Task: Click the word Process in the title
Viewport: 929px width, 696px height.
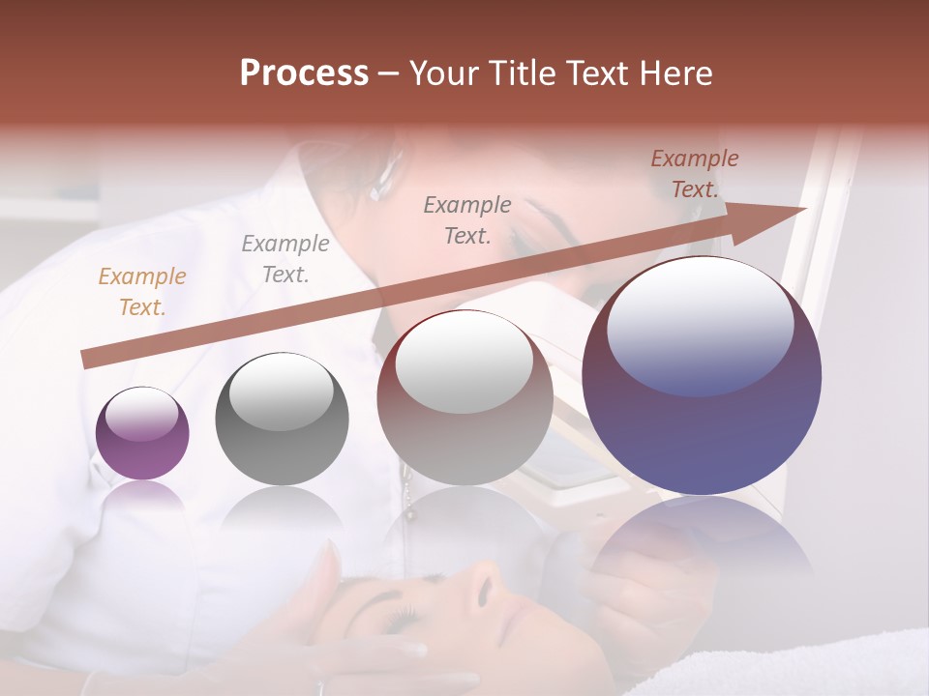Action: click(x=304, y=73)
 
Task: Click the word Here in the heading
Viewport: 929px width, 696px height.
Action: click(x=674, y=73)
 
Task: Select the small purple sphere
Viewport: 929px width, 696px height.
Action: click(x=142, y=433)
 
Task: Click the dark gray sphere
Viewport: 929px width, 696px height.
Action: click(x=282, y=420)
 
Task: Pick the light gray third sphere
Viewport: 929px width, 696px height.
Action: click(x=464, y=398)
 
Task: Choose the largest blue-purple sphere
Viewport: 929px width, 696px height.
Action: click(x=702, y=377)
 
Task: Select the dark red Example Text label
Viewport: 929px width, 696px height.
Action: click(x=694, y=174)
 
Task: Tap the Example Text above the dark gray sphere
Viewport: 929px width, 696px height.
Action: click(x=285, y=259)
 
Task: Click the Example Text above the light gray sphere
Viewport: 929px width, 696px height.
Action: click(x=467, y=219)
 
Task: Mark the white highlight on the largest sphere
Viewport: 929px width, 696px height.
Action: click(x=701, y=324)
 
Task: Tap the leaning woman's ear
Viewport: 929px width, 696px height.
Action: click(x=386, y=169)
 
